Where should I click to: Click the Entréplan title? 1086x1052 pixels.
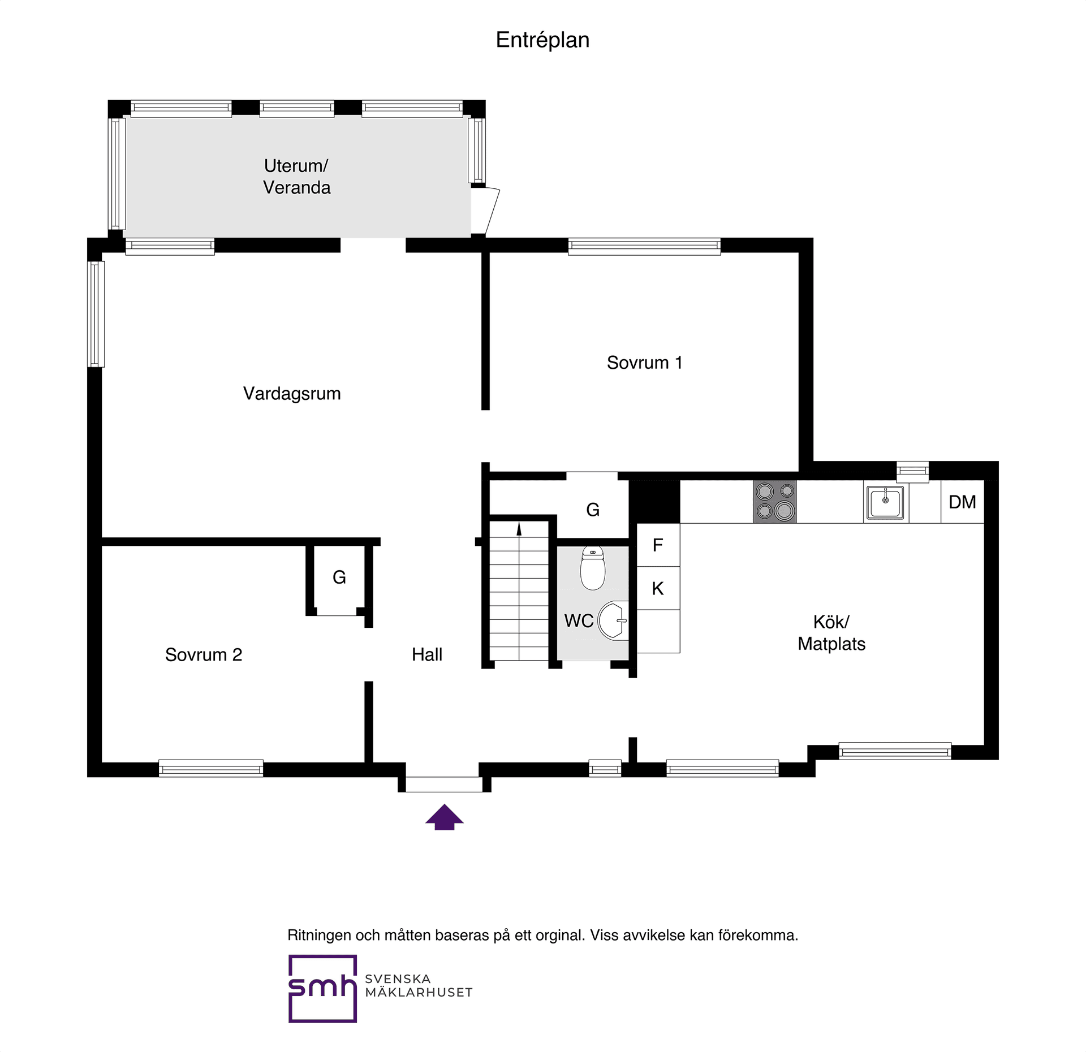(542, 40)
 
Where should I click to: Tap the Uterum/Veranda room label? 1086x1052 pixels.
(296, 176)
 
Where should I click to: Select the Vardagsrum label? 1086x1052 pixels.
(292, 393)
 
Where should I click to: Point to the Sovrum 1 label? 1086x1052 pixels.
(644, 363)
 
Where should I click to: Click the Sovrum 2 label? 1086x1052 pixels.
(204, 654)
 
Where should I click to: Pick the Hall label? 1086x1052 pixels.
(427, 654)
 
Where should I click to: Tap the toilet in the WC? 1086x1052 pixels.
(593, 568)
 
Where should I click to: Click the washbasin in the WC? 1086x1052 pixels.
(613, 620)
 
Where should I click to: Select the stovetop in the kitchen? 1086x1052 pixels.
(775, 502)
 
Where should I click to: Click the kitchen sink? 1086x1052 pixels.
(886, 502)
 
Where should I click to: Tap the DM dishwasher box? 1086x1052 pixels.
(963, 502)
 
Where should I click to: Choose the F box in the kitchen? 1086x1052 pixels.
(658, 545)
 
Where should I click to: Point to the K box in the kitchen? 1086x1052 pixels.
(658, 588)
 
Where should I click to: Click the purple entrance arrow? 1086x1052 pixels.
(445, 817)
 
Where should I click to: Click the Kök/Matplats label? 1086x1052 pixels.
(831, 633)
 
